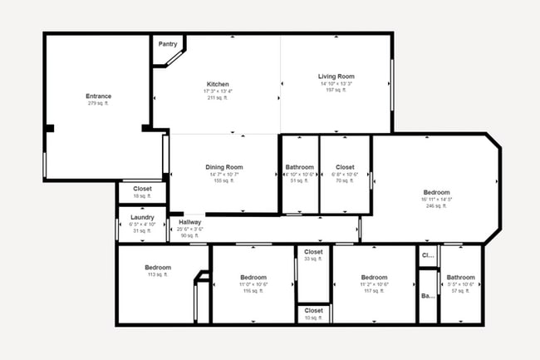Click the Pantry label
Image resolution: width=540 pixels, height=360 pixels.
(167, 45)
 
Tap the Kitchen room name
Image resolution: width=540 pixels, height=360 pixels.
(218, 84)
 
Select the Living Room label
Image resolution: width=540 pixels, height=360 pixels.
(336, 76)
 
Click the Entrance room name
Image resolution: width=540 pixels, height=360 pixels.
(98, 96)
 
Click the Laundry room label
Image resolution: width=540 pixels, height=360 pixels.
(142, 217)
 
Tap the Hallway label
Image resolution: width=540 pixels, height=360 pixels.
(191, 222)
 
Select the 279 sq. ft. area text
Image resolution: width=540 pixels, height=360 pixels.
(98, 104)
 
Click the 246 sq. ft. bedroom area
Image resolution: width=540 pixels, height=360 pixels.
(436, 206)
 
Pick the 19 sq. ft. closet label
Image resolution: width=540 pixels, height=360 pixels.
(142, 196)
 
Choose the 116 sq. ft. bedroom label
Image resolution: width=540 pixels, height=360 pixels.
(253, 278)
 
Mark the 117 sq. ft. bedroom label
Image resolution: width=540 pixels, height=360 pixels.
(374, 278)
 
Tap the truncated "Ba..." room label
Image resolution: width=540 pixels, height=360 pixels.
(428, 296)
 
